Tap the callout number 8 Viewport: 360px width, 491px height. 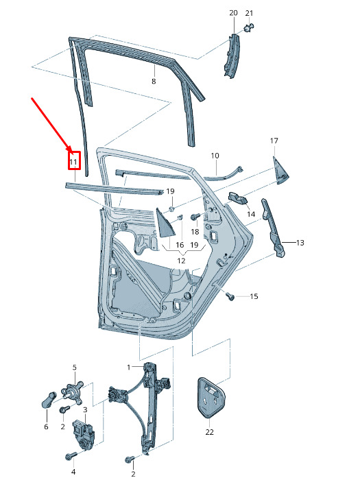click(154, 82)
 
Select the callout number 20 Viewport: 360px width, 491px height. click(233, 13)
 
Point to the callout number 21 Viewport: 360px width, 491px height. click(249, 13)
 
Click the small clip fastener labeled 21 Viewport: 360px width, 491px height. click(248, 27)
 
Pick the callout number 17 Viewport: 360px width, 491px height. click(274, 141)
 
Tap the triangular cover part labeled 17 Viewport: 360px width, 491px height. click(280, 171)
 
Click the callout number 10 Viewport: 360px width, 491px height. click(215, 156)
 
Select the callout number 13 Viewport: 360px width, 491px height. click(300, 243)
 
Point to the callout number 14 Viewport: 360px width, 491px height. click(251, 214)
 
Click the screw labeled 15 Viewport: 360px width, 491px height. click(230, 296)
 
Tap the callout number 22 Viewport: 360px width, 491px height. click(209, 432)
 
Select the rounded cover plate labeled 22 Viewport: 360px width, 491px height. click(211, 398)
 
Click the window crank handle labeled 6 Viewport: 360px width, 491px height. click(49, 400)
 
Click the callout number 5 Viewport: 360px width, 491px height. click(75, 368)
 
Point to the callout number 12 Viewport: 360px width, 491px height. click(181, 261)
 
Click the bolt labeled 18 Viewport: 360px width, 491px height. click(195, 217)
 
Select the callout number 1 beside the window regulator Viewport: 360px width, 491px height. click(129, 367)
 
